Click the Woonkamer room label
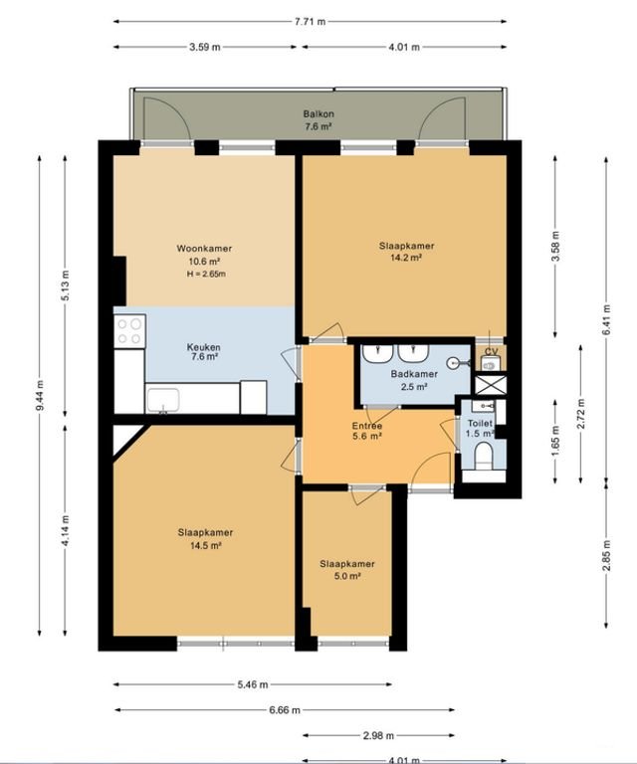pyautogui.click(x=204, y=248)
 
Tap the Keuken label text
pyautogui.click(x=204, y=347)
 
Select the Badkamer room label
pyautogui.click(x=408, y=374)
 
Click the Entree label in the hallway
pyautogui.click(x=366, y=426)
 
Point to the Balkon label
pyautogui.click(x=318, y=114)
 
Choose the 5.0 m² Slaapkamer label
pyautogui.click(x=347, y=564)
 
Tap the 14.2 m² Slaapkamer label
pyautogui.click(x=406, y=246)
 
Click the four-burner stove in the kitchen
pyautogui.click(x=129, y=330)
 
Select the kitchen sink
pyautogui.click(x=162, y=400)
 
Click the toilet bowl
pyautogui.click(x=484, y=457)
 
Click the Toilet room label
pyautogui.click(x=480, y=423)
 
